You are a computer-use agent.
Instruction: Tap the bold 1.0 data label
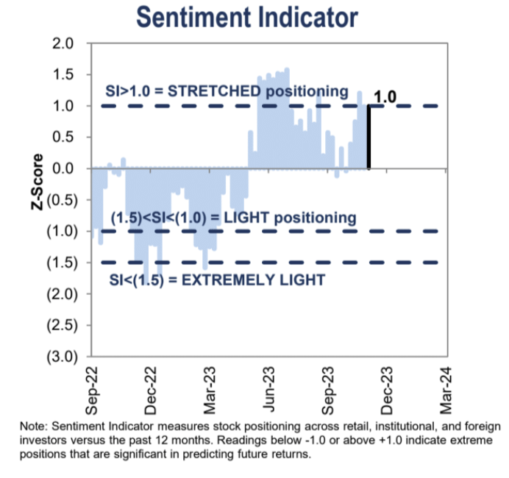point(386,96)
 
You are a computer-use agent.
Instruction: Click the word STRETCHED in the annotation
point(217,91)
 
